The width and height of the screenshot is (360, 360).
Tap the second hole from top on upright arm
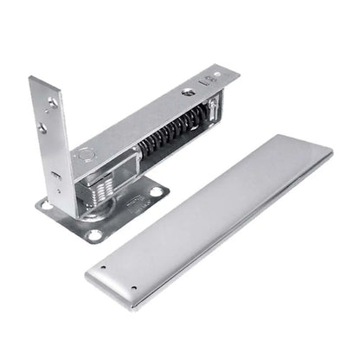coord(42,128)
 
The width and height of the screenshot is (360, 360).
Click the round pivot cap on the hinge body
coord(85,157)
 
